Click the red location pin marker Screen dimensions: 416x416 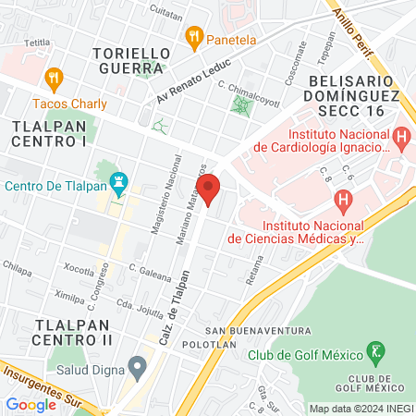210,188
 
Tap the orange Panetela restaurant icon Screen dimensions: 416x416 193,38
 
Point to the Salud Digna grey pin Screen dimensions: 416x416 138,367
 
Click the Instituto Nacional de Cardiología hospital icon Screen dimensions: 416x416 400,137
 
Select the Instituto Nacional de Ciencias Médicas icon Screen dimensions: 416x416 343,198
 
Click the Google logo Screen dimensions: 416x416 31,404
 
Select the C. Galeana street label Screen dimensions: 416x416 151,271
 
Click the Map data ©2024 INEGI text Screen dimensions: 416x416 361,409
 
